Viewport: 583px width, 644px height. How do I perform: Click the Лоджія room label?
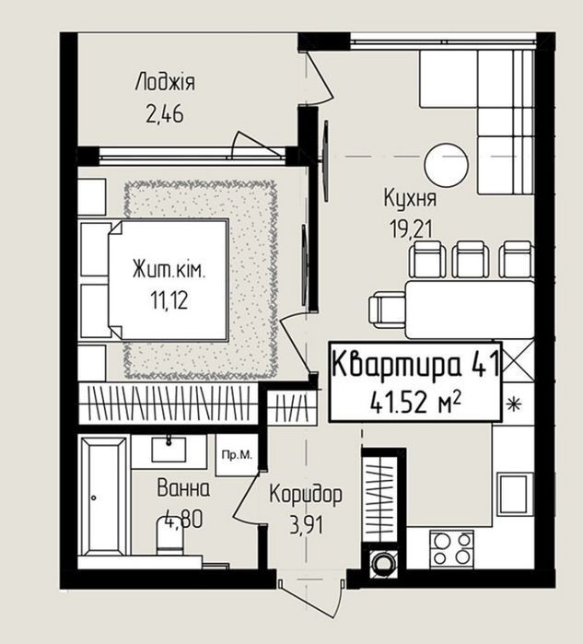coord(165,82)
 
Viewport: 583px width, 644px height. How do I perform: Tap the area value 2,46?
coord(165,114)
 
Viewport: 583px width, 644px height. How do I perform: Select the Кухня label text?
coord(410,198)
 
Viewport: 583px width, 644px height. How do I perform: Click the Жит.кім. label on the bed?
coord(169,271)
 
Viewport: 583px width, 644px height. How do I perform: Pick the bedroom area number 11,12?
coord(169,300)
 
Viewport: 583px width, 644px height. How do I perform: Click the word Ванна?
coord(183,489)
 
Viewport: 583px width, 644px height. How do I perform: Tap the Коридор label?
coord(306,495)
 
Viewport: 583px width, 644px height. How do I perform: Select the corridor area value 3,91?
coord(306,525)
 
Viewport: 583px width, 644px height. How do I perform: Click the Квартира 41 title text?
coord(415,364)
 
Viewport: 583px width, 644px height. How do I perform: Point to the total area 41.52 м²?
coord(415,403)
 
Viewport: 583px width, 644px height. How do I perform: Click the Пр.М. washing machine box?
coord(237,455)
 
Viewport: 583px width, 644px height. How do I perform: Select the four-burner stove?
coord(451,549)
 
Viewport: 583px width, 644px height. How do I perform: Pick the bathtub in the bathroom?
coord(104,497)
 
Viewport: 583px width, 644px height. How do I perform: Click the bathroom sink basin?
coord(169,450)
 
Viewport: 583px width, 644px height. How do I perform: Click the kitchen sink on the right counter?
coord(516,494)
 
